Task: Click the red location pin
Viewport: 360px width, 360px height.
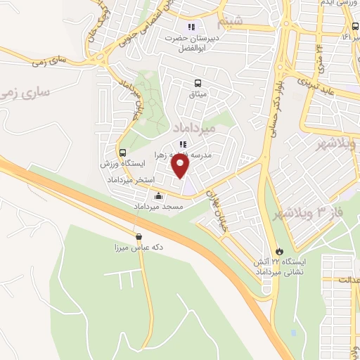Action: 181,166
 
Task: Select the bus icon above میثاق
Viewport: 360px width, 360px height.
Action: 198,82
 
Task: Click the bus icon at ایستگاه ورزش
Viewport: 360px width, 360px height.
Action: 123,153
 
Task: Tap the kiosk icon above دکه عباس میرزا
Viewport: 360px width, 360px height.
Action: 138,237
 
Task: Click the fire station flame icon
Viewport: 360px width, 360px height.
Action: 280,250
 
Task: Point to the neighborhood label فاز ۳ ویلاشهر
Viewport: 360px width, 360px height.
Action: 331,212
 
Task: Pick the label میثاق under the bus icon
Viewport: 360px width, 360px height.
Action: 198,94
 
